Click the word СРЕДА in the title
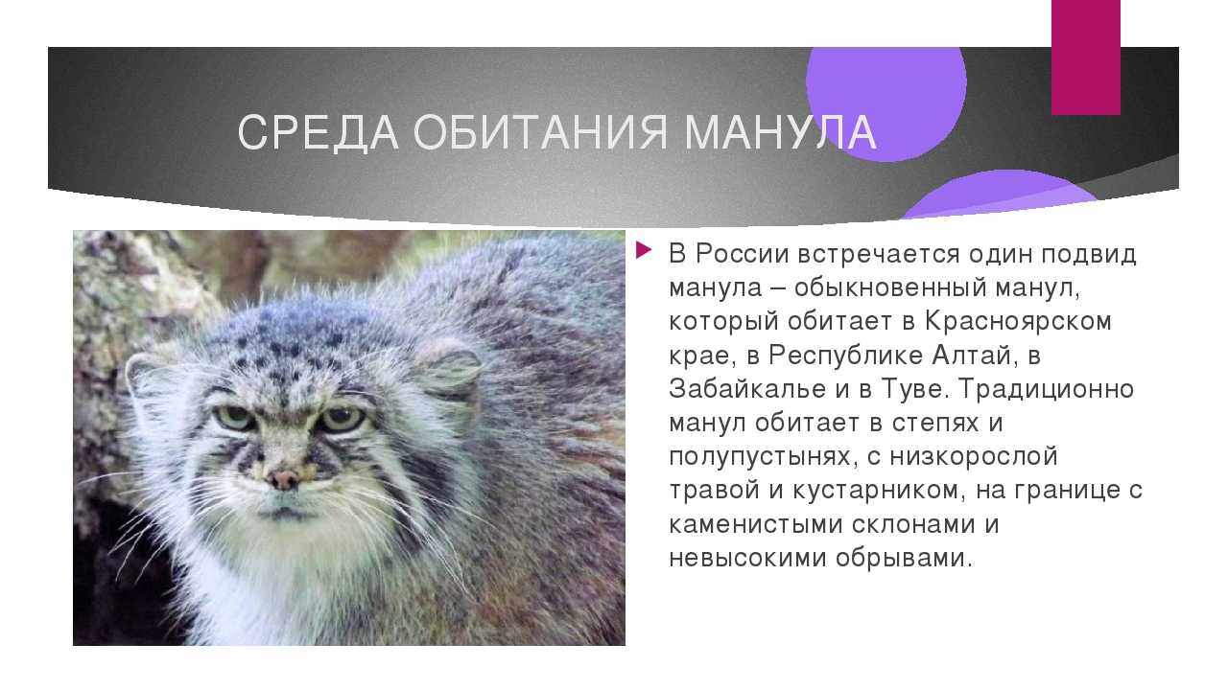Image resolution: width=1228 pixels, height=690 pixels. (318, 132)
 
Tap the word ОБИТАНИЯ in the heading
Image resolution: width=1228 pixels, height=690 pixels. (540, 132)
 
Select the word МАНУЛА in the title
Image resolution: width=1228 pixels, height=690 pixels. (780, 132)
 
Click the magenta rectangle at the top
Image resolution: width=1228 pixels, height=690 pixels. (1085, 57)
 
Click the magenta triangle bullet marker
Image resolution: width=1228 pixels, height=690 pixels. (644, 251)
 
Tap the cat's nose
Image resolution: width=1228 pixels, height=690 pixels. (285, 479)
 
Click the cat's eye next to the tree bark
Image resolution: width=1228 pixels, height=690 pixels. (235, 417)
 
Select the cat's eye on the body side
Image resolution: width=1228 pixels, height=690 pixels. (342, 420)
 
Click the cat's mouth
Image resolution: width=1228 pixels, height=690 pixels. (283, 513)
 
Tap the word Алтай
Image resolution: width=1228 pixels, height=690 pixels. (971, 356)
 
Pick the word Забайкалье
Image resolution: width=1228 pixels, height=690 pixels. (747, 389)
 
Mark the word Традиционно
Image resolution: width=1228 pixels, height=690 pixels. (1046, 390)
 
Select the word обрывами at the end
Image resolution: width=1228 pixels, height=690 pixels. (904, 559)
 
